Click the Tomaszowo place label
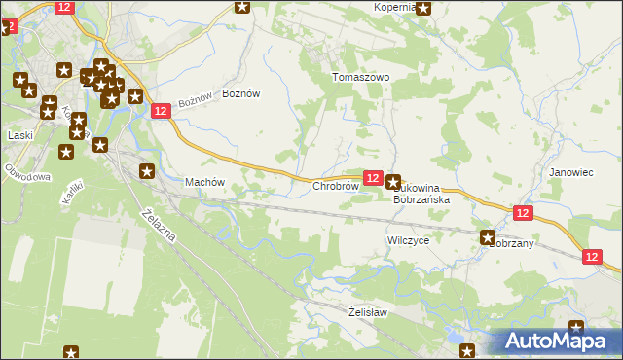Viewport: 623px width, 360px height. pyautogui.click(x=360, y=77)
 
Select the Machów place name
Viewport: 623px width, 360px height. pyautogui.click(x=204, y=182)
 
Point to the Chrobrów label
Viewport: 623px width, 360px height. pyautogui.click(x=336, y=186)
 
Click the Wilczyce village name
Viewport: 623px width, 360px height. pyautogui.click(x=408, y=239)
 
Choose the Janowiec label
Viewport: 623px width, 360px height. pyautogui.click(x=571, y=172)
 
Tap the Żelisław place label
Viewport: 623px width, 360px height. pyautogui.click(x=368, y=312)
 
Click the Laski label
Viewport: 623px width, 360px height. pyautogui.click(x=20, y=135)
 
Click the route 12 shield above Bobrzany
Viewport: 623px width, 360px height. pyautogui.click(x=523, y=213)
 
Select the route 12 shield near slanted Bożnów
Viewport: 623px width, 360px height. pyautogui.click(x=162, y=112)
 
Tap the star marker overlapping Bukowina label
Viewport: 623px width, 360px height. pyautogui.click(x=393, y=181)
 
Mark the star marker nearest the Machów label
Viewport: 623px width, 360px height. pyautogui.click(x=147, y=171)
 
